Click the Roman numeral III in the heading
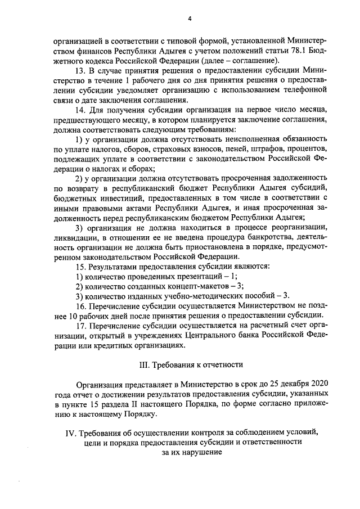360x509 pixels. click(x=143, y=364)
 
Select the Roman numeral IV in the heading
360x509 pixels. click(x=70, y=431)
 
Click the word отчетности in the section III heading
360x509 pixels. click(x=222, y=364)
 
